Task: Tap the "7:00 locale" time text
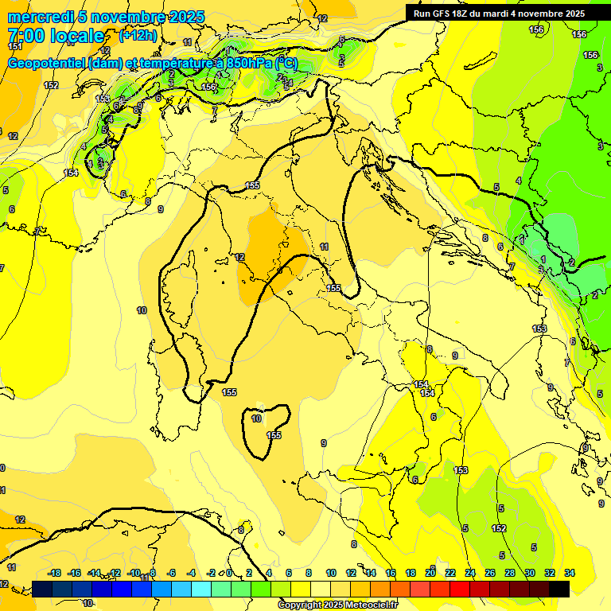(x=55, y=36)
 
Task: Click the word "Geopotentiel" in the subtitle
(x=47, y=64)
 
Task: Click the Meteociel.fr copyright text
(x=337, y=605)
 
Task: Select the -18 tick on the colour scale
(x=55, y=573)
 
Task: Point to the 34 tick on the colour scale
(x=570, y=573)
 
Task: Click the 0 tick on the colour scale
(x=229, y=573)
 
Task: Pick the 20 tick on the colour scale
(x=430, y=573)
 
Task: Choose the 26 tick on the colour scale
(x=490, y=573)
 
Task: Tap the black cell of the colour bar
(x=559, y=589)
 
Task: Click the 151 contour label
(x=14, y=47)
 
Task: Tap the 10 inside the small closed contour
(x=256, y=418)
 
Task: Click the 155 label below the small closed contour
(x=274, y=435)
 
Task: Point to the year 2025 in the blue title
(x=187, y=17)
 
